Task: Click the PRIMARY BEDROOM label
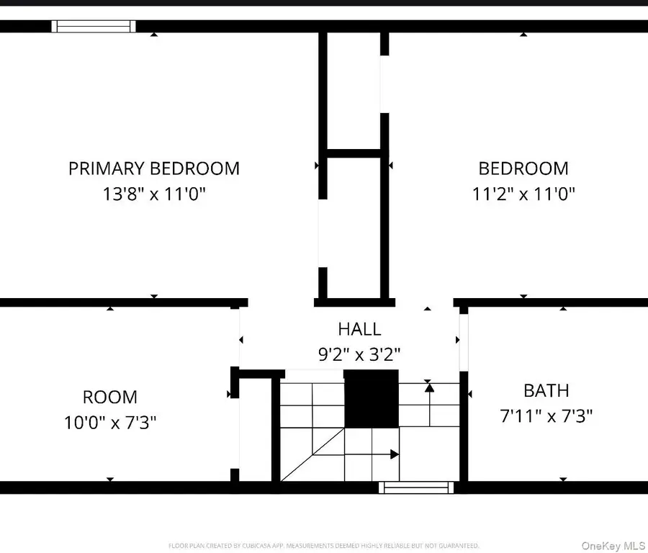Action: [x=153, y=168]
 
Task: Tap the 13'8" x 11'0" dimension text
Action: [x=153, y=194]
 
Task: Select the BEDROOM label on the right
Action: [x=523, y=168]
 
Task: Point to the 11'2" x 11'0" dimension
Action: [x=523, y=194]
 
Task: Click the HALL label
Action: [x=359, y=329]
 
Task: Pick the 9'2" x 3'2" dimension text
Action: [x=359, y=354]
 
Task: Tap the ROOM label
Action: [x=110, y=397]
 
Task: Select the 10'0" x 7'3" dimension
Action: [x=110, y=421]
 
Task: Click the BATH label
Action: [x=546, y=390]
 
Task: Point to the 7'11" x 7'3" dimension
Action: [x=546, y=415]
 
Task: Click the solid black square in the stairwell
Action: [x=372, y=399]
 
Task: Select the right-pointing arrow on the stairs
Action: [x=394, y=454]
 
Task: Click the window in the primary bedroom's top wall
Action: [x=94, y=27]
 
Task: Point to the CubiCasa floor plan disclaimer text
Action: [x=323, y=546]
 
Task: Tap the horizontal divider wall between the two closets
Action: [x=354, y=153]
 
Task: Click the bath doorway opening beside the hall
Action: [x=464, y=342]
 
